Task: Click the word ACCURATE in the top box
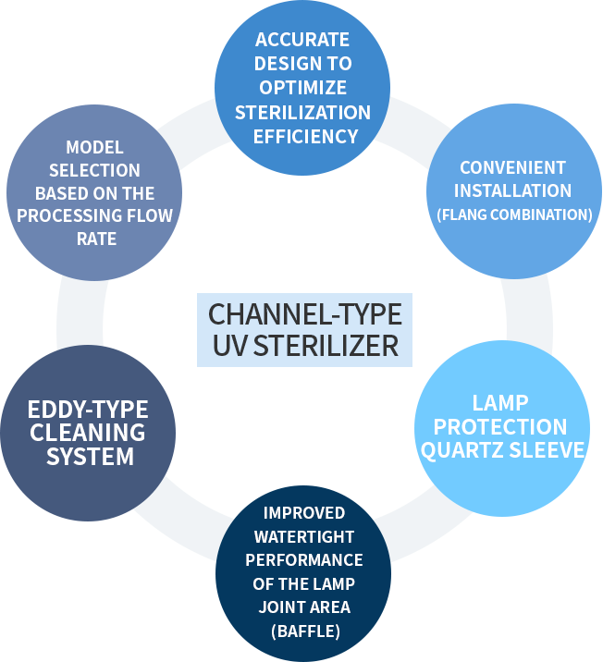click(x=302, y=40)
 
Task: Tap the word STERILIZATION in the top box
click(x=302, y=112)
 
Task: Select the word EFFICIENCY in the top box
click(x=302, y=136)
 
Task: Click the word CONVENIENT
click(x=513, y=167)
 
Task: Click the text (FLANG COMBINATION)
click(x=514, y=215)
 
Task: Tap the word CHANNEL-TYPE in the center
click(x=305, y=314)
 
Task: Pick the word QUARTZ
click(x=459, y=450)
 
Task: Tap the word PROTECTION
click(x=501, y=426)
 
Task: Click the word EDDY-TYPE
click(x=88, y=410)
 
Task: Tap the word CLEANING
click(x=87, y=433)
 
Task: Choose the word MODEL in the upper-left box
click(x=94, y=147)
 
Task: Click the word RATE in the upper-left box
click(x=94, y=239)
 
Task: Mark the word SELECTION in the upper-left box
click(x=94, y=170)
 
